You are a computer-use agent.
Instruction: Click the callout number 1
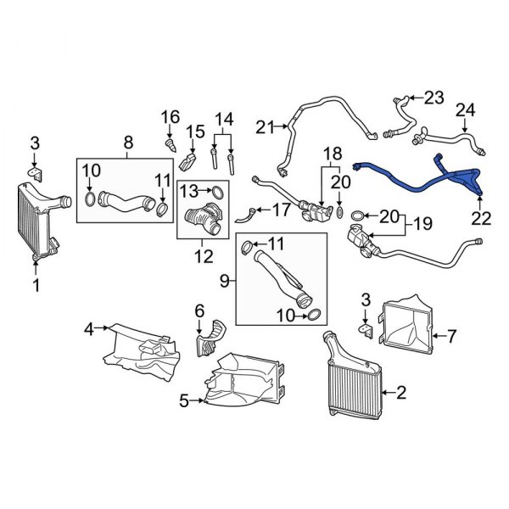tap(36, 286)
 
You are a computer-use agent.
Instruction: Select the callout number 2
tap(402, 393)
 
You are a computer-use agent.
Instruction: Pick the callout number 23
tap(433, 98)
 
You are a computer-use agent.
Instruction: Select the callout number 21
tap(263, 127)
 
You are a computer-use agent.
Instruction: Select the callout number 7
tap(451, 337)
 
